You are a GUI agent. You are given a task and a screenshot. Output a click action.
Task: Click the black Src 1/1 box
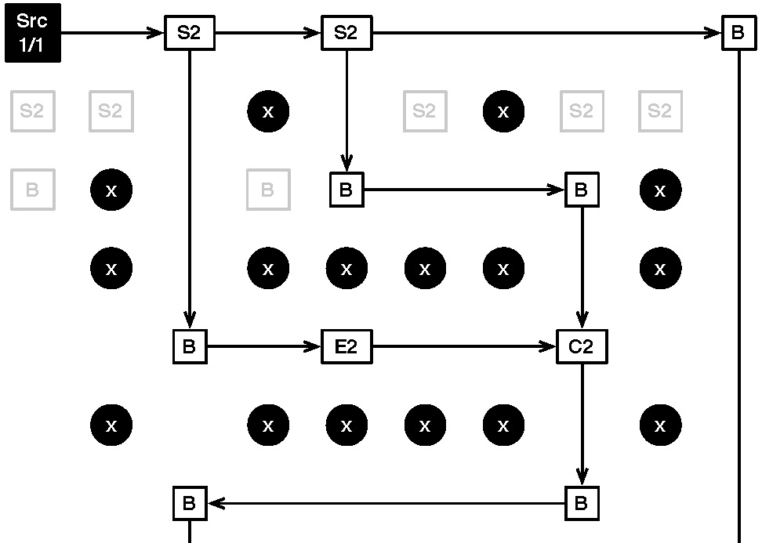pos(33,33)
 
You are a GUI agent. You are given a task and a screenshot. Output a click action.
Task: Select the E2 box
pos(346,346)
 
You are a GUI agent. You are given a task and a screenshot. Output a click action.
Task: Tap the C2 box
pos(581,346)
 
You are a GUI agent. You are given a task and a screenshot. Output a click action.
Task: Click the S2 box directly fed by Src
pos(189,33)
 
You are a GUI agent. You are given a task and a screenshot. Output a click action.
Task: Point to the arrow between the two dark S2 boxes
pos(267,33)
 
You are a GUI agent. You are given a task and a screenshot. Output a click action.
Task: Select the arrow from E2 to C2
pos(463,346)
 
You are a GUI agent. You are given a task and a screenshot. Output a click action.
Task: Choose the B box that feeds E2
pos(189,346)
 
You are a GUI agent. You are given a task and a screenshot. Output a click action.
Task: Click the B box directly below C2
pos(581,503)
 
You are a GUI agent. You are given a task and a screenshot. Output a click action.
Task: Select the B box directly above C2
pos(581,190)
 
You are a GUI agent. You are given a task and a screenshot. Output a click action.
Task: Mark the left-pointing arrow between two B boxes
pos(385,503)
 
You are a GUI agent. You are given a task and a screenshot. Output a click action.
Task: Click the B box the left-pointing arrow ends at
pos(189,503)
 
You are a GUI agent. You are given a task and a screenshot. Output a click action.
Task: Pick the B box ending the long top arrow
pos(738,33)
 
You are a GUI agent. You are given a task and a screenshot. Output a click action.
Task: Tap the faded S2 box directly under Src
pos(33,111)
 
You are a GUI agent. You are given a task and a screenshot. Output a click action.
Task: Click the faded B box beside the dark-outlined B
pos(267,190)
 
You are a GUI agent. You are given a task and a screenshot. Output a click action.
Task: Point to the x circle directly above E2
pos(346,268)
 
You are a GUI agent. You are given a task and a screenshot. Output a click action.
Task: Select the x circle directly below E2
pos(346,425)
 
